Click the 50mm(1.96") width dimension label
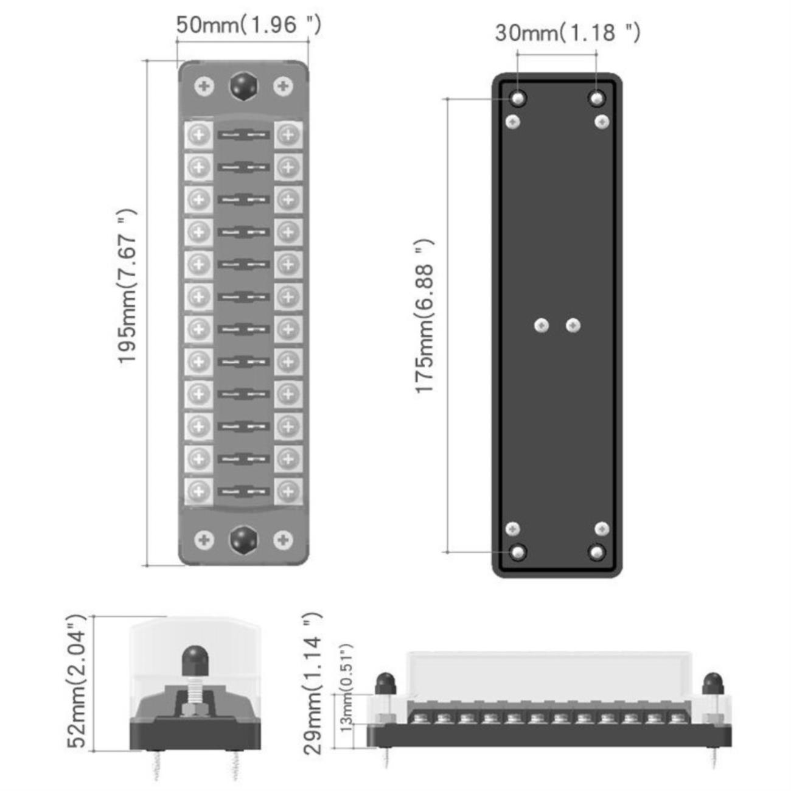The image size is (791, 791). tap(248, 25)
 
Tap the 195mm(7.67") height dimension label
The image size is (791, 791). tap(127, 287)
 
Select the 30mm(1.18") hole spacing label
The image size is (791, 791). tap(567, 33)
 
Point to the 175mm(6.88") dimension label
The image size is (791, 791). tap(425, 316)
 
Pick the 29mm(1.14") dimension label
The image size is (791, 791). tap(313, 683)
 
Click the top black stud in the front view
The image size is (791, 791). tap(243, 86)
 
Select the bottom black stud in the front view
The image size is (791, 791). tap(243, 540)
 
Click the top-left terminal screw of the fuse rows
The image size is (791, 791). tap(199, 134)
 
